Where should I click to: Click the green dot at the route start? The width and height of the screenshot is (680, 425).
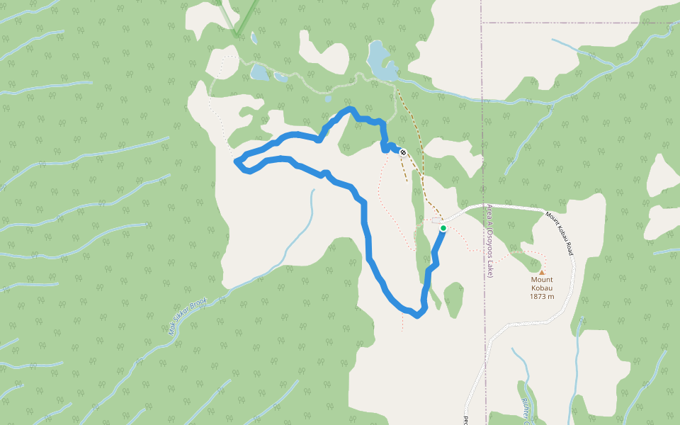click(x=443, y=228)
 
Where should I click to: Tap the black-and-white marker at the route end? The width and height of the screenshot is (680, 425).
click(x=402, y=152)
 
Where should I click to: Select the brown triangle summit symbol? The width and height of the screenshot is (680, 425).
click(x=542, y=271)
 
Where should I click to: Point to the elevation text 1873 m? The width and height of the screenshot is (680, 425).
click(x=542, y=296)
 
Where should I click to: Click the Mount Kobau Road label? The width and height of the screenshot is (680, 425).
click(x=560, y=232)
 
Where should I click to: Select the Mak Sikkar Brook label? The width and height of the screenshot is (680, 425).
click(x=187, y=316)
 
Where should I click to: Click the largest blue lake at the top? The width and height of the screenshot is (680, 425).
click(x=380, y=61)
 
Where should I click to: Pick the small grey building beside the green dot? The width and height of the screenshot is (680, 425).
click(x=436, y=220)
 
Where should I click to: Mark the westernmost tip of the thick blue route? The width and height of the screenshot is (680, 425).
click(x=235, y=161)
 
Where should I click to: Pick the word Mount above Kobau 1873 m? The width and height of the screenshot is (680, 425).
click(x=542, y=280)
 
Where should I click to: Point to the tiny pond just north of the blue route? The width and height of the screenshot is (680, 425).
click(x=328, y=99)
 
